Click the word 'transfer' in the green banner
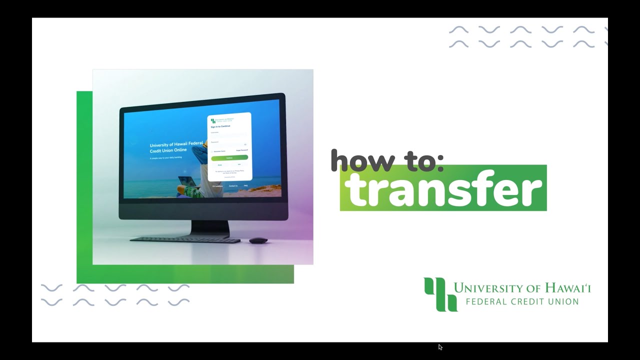click(x=444, y=189)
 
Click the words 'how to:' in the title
click(x=387, y=160)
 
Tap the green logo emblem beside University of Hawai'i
click(x=440, y=294)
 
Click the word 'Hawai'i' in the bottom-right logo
click(x=566, y=288)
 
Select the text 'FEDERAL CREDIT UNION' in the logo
click(x=522, y=301)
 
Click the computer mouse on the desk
click(x=258, y=240)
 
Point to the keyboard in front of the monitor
click(x=185, y=240)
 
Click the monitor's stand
click(x=210, y=228)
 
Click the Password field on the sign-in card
click(x=228, y=144)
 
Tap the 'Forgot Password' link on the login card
click(x=242, y=150)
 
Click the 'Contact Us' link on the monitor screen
click(x=233, y=186)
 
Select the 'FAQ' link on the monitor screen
click(x=246, y=185)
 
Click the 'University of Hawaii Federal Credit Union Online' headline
click(x=176, y=147)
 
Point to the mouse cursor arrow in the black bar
click(x=440, y=346)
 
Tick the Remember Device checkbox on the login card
click(x=212, y=151)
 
